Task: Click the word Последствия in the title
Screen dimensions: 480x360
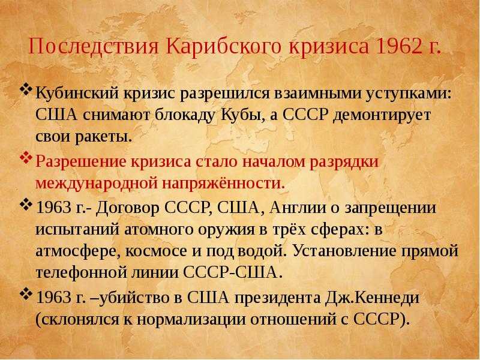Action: coord(94,47)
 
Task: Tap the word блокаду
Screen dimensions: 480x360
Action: coord(184,115)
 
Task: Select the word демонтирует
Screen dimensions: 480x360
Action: coord(382,115)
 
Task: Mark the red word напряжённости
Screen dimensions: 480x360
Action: coord(223,184)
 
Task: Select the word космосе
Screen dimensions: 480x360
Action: coord(156,251)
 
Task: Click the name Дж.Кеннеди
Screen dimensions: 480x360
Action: coord(371,298)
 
